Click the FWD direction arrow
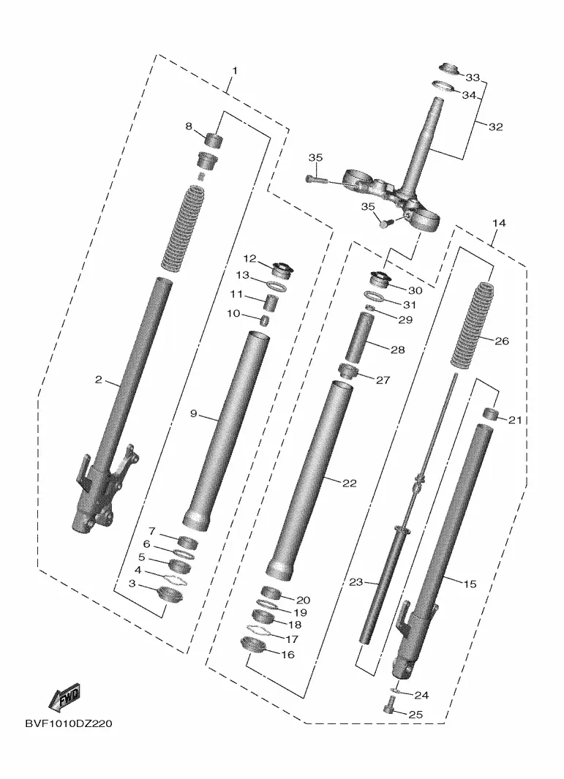(x=64, y=698)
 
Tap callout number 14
(x=498, y=222)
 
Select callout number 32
(x=495, y=127)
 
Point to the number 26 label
(x=501, y=341)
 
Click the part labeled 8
(x=212, y=139)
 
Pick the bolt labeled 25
(x=388, y=706)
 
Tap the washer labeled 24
(x=394, y=690)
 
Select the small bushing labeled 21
(x=491, y=416)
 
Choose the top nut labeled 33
(x=448, y=71)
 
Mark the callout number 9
(x=194, y=414)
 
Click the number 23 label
(x=356, y=582)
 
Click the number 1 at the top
(x=235, y=70)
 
